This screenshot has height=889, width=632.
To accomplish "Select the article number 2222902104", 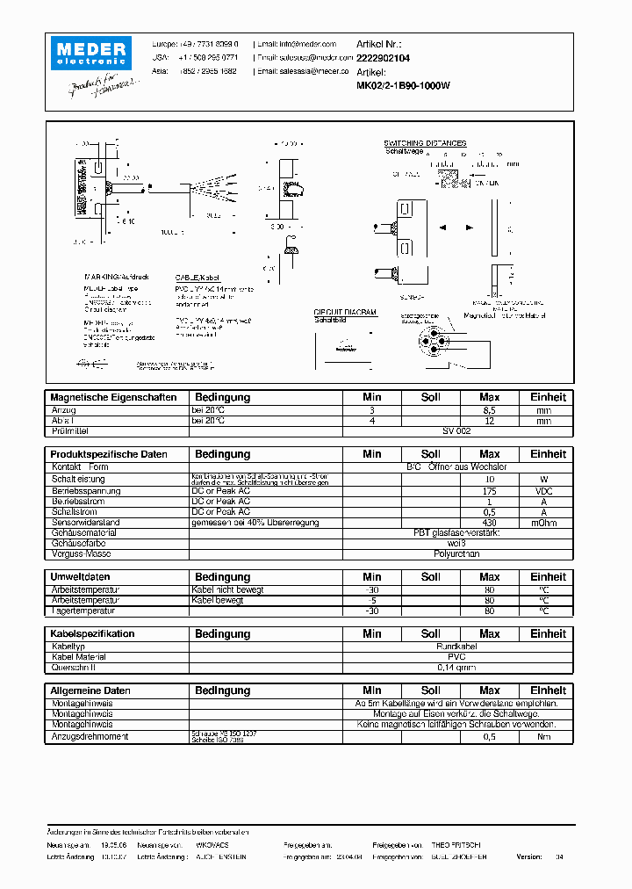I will (x=383, y=57).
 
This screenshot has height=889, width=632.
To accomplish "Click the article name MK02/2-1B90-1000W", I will (x=403, y=86).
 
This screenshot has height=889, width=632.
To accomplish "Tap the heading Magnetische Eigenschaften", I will (x=113, y=397).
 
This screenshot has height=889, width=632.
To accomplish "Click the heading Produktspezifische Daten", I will (x=109, y=454).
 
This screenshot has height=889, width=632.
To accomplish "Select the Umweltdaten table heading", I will (x=81, y=577).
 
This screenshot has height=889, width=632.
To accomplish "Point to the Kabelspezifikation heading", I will (x=92, y=633).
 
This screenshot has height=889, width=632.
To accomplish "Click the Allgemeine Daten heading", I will (x=90, y=690).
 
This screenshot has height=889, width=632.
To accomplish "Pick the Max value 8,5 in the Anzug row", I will (x=489, y=410).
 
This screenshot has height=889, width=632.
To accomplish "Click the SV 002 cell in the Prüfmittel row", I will (x=456, y=432).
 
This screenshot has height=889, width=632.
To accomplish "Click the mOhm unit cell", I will (x=544, y=522).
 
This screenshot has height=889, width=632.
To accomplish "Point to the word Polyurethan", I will (x=456, y=554).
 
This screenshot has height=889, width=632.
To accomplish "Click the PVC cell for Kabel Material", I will (x=456, y=656).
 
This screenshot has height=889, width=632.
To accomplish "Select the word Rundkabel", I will (x=456, y=646).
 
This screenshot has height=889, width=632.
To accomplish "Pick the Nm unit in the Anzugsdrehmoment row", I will (x=544, y=736).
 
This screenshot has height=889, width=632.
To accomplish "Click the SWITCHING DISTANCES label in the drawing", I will (x=425, y=143).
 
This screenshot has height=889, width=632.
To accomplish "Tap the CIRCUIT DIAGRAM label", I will (x=345, y=312).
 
